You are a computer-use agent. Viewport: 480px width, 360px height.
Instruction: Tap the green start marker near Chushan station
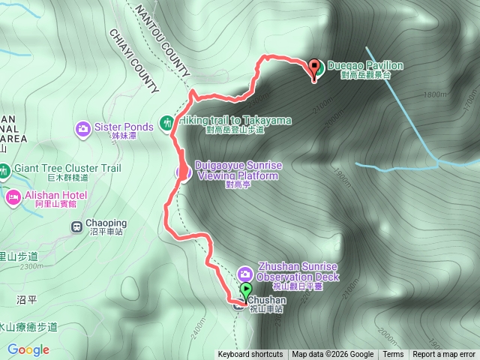coord(246,291)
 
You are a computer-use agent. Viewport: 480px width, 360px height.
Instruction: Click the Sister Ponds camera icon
coord(82,128)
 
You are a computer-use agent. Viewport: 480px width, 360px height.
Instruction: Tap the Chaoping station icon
coord(76,225)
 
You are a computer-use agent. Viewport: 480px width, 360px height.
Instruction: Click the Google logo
coord(28,349)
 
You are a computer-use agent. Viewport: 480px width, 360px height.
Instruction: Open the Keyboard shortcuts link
coord(250,355)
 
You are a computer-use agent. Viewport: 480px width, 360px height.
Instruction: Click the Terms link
coord(393,355)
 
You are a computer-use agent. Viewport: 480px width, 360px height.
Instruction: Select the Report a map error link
coord(444,355)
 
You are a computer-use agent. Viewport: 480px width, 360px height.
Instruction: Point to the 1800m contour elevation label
coord(434,94)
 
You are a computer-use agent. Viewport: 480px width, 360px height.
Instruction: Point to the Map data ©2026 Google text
coord(332,355)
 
